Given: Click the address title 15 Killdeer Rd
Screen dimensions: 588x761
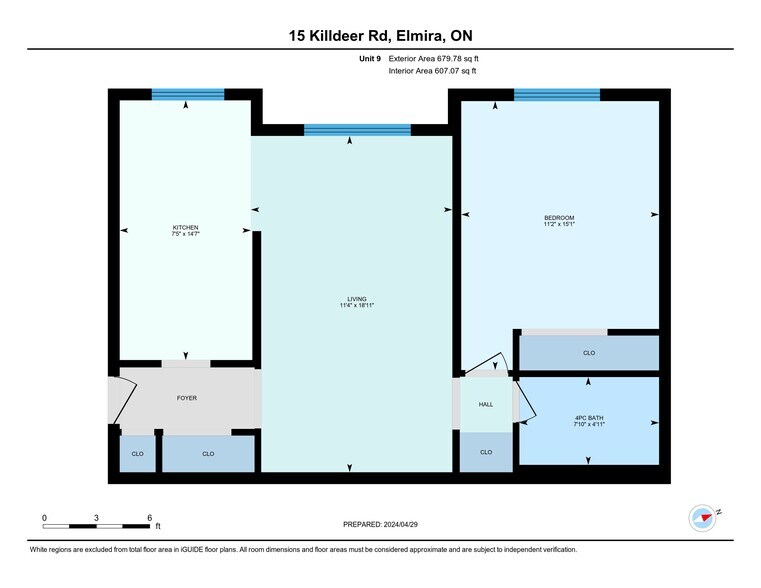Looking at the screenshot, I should click(380, 37).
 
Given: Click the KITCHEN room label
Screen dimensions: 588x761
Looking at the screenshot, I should click(186, 228).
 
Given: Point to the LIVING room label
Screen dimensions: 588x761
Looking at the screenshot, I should click(356, 299).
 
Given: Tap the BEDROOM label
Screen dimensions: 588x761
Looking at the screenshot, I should click(559, 218).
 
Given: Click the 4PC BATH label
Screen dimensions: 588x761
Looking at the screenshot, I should click(589, 417).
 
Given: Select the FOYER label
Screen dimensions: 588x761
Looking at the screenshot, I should click(186, 398).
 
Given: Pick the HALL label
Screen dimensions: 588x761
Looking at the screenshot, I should click(486, 404).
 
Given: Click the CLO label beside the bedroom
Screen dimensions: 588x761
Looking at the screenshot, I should click(589, 353).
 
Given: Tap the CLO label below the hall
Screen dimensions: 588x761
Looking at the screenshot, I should click(486, 452).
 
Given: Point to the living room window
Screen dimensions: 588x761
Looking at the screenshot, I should click(357, 129).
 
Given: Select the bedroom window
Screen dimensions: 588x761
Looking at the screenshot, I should click(557, 95).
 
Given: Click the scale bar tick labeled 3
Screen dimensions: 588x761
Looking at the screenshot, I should click(96, 517).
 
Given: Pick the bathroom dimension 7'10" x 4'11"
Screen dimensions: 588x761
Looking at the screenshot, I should click(589, 424).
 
